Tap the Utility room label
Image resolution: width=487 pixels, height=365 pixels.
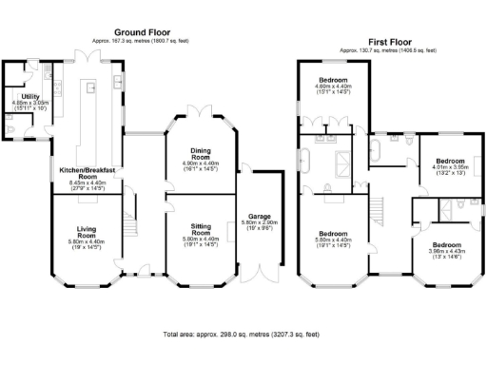[30, 97]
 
